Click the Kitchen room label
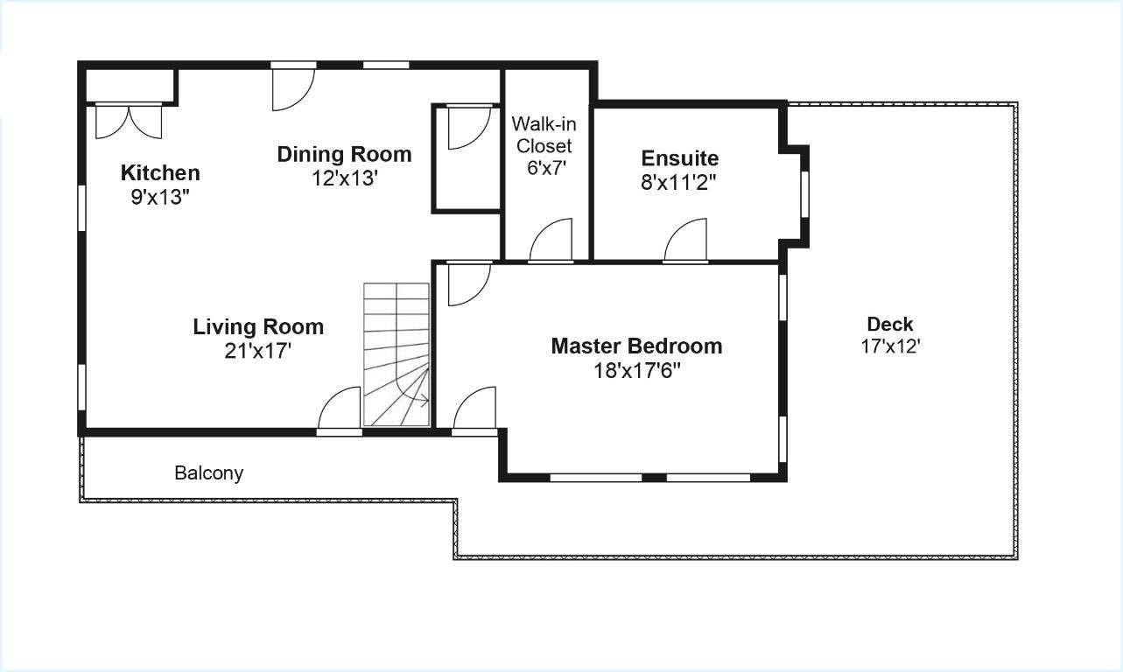click(160, 173)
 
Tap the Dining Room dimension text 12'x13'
click(344, 178)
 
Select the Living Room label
click(258, 327)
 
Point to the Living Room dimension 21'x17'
click(258, 351)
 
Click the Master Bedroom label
click(636, 346)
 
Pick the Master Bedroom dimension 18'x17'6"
click(637, 371)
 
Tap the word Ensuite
click(680, 158)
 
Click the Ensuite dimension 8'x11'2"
click(678, 182)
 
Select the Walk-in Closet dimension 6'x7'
click(546, 168)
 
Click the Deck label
click(890, 325)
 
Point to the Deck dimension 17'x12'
click(890, 346)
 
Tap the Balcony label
click(209, 472)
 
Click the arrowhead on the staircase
click(425, 401)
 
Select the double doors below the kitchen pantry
click(129, 122)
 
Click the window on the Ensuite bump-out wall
click(804, 194)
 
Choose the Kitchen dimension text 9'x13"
click(160, 197)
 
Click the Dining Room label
click(344, 154)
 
